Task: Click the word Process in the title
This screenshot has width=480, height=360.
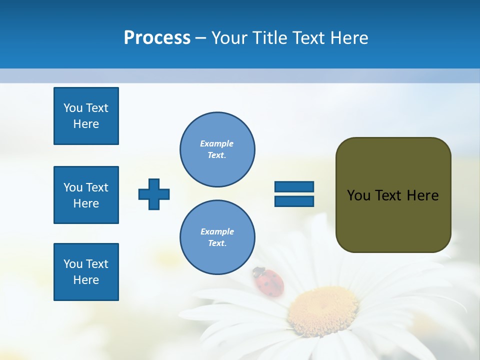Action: [x=157, y=38]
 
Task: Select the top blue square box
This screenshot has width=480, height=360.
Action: [x=86, y=116]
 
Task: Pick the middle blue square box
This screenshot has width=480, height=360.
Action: [x=86, y=195]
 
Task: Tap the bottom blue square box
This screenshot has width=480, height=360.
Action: [x=86, y=272]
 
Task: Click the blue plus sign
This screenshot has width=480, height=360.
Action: [x=154, y=194]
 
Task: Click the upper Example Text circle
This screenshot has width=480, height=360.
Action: [x=217, y=149]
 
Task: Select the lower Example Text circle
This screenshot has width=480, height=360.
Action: [x=217, y=237]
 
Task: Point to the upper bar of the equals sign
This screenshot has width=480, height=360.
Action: [x=294, y=186]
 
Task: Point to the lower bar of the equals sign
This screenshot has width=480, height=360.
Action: [x=294, y=201]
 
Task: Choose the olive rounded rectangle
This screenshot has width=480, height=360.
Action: [x=393, y=195]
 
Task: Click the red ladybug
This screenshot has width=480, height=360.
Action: [x=269, y=282]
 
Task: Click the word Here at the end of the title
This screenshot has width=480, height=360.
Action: [x=350, y=38]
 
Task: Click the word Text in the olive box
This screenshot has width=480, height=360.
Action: [x=388, y=195]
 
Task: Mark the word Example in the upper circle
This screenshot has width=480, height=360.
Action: [x=217, y=143]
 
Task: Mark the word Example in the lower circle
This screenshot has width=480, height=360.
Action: [x=217, y=231]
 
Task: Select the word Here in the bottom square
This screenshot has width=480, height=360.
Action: [x=86, y=280]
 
